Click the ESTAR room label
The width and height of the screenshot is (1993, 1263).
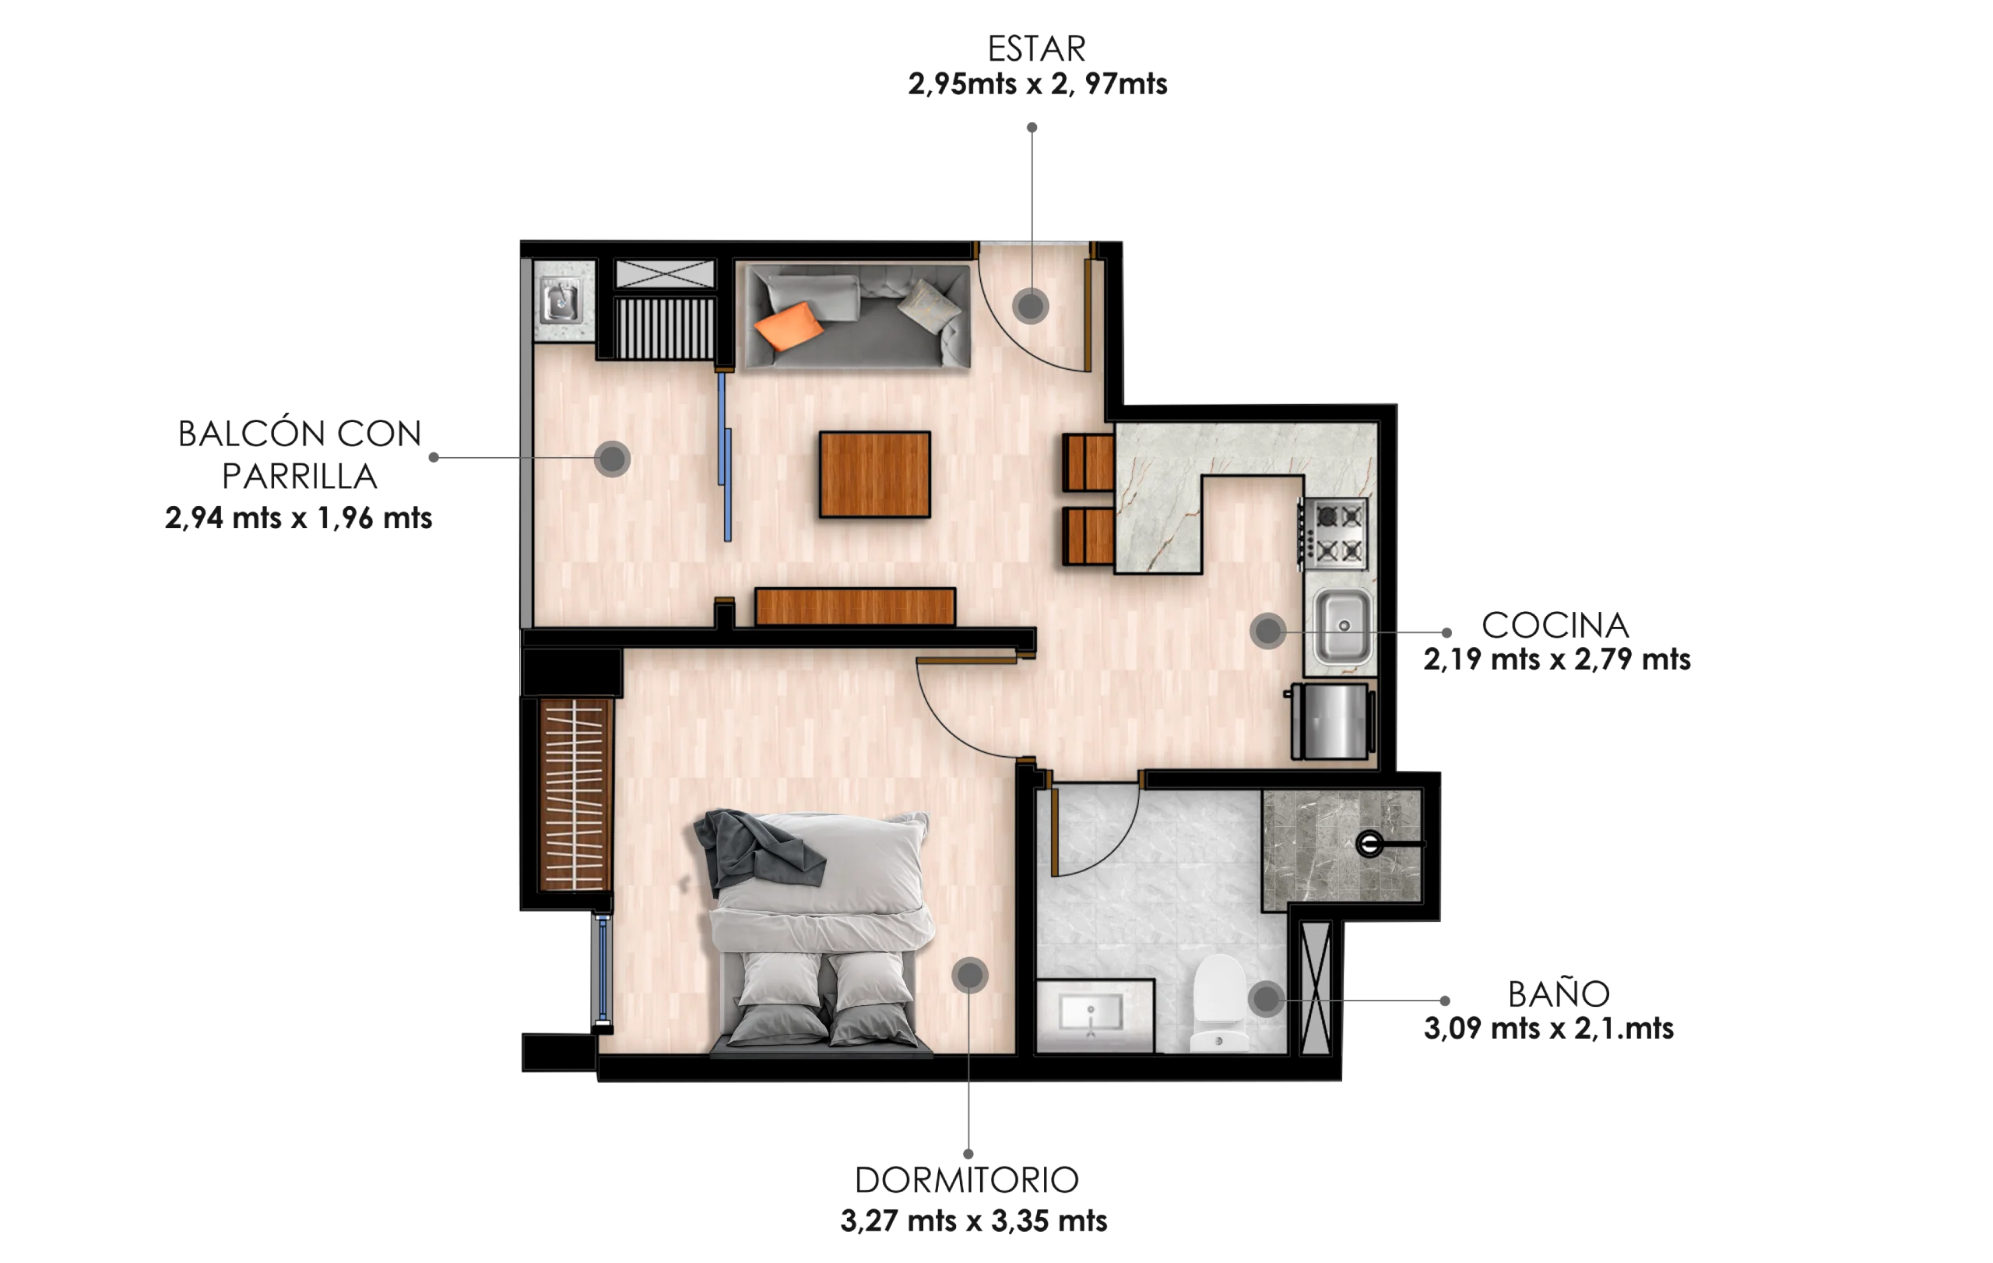coord(1036,49)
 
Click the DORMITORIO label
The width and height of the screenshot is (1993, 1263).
coord(967,1180)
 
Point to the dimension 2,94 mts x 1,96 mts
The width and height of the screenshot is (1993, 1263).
coord(298,518)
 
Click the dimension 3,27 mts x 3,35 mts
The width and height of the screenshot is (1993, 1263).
coord(973,1221)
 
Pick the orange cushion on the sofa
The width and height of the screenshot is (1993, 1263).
coord(788,325)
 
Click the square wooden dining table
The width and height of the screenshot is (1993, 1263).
coord(875,474)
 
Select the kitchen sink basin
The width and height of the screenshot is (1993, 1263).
coord(1342,627)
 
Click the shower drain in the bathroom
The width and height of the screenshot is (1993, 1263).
coord(1369,844)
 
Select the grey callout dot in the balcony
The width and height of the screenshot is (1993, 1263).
coord(612,459)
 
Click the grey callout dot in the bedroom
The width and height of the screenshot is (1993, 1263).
coord(969,976)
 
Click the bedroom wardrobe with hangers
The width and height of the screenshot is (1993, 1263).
coord(574,795)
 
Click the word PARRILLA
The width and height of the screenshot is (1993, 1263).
coord(300,476)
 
